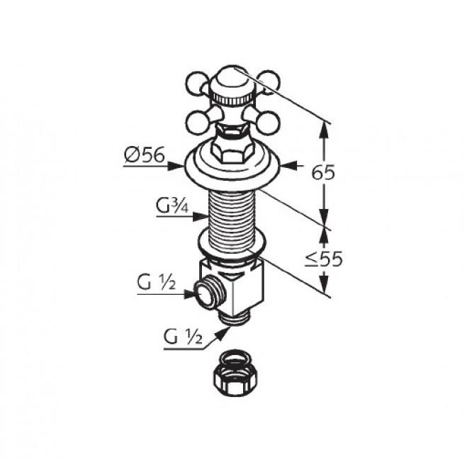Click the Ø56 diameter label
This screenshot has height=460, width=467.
click(145, 155)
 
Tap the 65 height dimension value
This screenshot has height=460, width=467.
click(323, 173)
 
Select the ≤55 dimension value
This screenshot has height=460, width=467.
click(323, 259)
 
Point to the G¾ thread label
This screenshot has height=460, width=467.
click(172, 206)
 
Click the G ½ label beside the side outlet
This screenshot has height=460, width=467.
click(157, 282)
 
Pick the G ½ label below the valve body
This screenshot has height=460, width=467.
click(183, 337)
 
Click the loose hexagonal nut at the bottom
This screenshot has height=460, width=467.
click(235, 374)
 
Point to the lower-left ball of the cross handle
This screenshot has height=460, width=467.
click(197, 123)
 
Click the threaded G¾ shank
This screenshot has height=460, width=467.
click(232, 220)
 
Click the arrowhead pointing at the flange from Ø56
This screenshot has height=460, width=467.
click(176, 167)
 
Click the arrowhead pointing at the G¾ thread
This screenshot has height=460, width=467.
click(201, 217)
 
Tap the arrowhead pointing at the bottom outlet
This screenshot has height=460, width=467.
click(222, 334)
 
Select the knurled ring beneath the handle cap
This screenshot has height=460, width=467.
click(232, 99)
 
